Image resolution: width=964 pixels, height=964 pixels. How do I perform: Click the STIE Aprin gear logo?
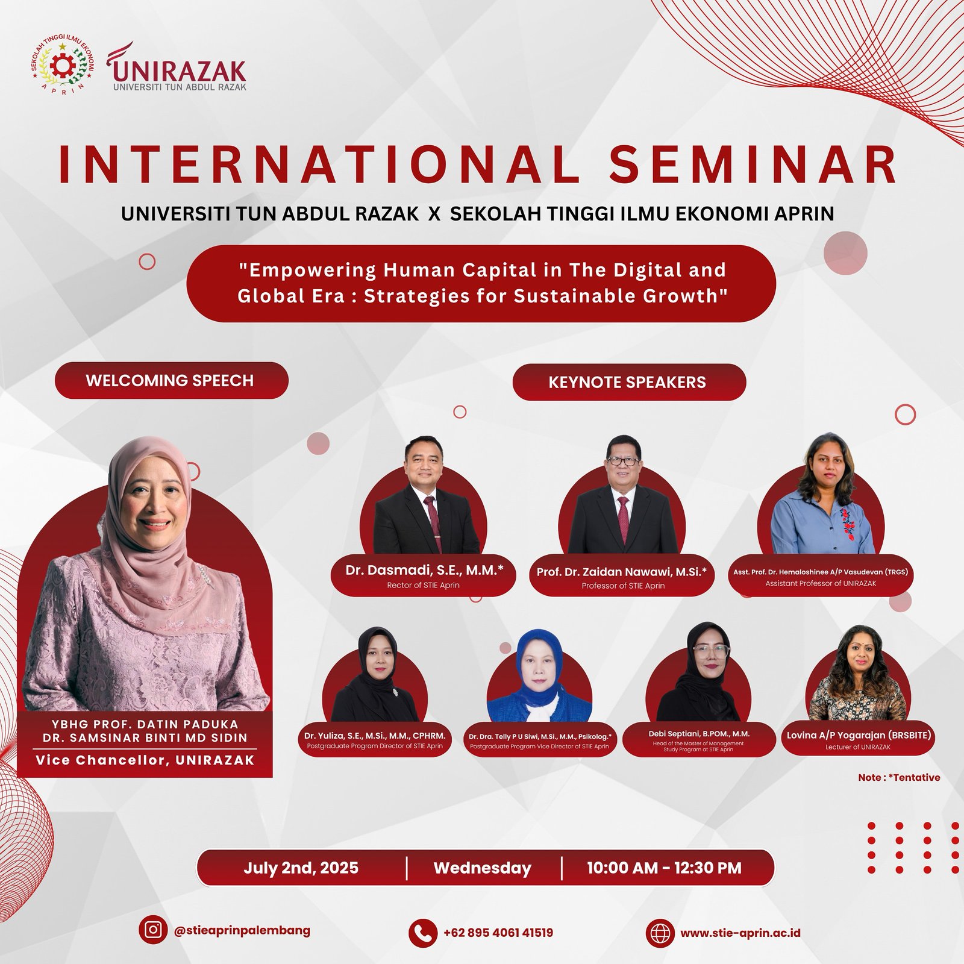click(63, 66)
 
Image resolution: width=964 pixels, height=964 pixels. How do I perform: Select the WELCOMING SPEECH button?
click(171, 380)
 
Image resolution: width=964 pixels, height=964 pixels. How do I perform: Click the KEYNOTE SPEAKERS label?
click(628, 382)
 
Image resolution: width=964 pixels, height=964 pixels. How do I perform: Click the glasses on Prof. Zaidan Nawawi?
click(622, 461)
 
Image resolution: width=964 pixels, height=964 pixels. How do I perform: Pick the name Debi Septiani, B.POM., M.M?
click(699, 734)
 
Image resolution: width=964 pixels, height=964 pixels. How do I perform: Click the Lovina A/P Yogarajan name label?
click(858, 735)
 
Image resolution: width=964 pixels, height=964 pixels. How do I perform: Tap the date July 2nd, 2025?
click(301, 868)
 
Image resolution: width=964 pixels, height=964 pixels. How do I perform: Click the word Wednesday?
click(482, 868)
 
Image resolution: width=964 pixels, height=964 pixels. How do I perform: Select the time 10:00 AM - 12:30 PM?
click(664, 868)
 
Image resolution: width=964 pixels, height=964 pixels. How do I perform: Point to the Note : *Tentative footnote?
click(899, 777)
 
